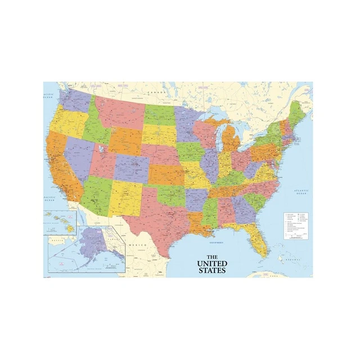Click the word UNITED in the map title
click(x=212, y=263)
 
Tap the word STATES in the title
click(x=211, y=270)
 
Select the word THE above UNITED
click(x=211, y=256)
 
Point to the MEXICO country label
click(x=137, y=246)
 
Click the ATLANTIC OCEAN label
click(x=302, y=193)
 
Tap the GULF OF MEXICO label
click(x=218, y=241)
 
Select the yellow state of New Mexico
click(x=124, y=197)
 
